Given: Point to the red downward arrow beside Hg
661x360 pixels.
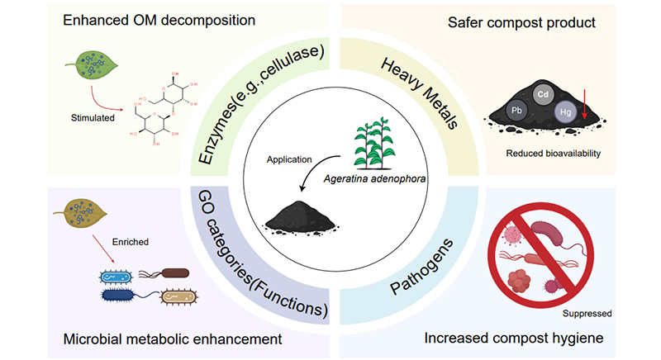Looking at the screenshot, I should [x=585, y=107].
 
